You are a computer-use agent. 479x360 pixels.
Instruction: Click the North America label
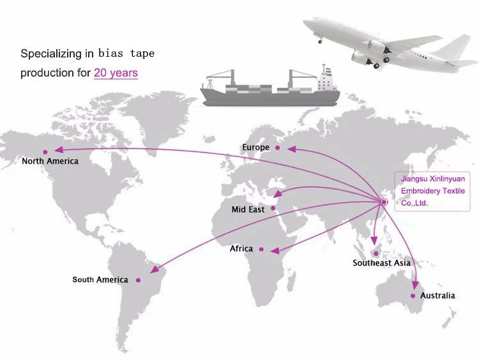point(50,161)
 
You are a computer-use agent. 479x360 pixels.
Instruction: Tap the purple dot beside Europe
point(277,148)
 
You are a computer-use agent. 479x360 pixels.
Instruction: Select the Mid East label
point(248,209)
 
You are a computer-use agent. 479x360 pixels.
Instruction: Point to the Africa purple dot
point(261,250)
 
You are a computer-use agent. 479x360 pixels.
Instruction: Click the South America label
point(100,280)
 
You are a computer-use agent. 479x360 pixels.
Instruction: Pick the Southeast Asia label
point(381,263)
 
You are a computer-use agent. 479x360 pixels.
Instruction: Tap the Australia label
point(437,296)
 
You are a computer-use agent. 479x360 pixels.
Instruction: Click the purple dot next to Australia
point(413,296)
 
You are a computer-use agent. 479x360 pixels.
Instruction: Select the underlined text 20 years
point(116,73)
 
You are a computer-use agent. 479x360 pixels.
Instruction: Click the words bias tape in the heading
point(126,54)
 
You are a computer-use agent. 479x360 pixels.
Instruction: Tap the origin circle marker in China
point(384,202)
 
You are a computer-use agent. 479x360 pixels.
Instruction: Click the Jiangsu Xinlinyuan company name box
point(432,191)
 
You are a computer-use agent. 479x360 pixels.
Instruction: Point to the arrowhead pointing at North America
point(59,149)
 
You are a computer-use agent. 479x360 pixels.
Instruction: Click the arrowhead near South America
point(155,269)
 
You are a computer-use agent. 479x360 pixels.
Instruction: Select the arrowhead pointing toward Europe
point(292,149)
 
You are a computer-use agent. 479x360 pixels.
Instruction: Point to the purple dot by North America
point(45,152)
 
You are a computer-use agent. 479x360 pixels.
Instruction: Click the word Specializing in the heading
point(51,54)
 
